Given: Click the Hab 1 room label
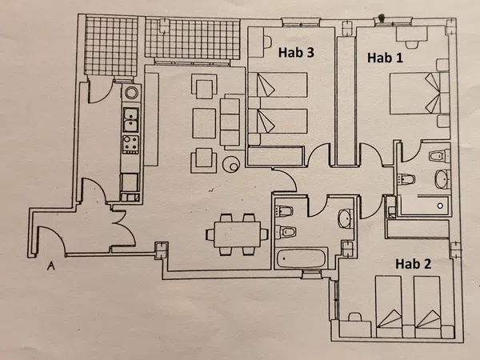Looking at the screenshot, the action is [385, 58].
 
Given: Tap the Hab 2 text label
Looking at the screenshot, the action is [414, 263].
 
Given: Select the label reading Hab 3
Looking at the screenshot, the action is [296, 52].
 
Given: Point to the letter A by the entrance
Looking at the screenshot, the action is [51, 266].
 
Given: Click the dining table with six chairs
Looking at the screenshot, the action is [238, 234].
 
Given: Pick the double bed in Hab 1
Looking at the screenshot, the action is [419, 93].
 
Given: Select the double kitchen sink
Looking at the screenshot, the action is [130, 119].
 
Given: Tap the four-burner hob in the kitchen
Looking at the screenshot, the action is [130, 145].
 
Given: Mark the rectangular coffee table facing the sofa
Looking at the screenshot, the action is [204, 123].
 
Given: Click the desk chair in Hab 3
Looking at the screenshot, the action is [267, 42].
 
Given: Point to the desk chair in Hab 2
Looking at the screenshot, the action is [355, 317].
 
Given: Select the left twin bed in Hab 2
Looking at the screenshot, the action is [389, 306].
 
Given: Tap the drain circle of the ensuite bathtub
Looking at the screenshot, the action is [440, 206].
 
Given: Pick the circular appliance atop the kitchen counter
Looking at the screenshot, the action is [131, 92].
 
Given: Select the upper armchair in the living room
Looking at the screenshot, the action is [204, 86].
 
